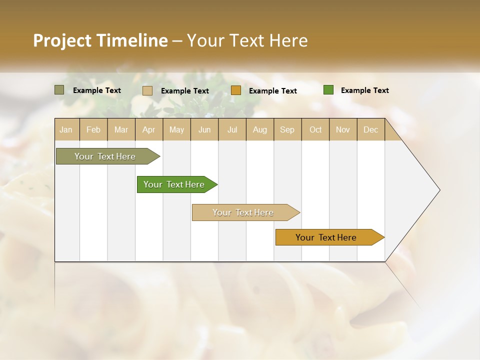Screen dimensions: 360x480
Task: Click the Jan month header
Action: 66,129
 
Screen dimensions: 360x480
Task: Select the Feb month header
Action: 93,129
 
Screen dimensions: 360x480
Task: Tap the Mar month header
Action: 121,129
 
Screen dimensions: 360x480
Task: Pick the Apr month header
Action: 149,129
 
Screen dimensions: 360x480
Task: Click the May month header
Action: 176,129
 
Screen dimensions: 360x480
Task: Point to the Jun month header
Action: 204,129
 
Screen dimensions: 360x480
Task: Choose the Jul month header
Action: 232,129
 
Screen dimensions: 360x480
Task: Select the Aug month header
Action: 260,129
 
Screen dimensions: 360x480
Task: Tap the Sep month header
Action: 287,129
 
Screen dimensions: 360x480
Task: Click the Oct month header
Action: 315,129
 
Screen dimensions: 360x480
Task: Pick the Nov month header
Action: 343,129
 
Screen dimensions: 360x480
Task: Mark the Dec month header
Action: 371,129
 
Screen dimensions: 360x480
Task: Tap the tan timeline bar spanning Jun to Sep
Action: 243,212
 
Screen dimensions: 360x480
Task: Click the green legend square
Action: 328,90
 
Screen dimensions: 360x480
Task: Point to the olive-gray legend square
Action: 59,90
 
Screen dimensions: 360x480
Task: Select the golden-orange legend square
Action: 236,90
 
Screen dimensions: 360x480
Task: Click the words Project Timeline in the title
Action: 100,40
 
